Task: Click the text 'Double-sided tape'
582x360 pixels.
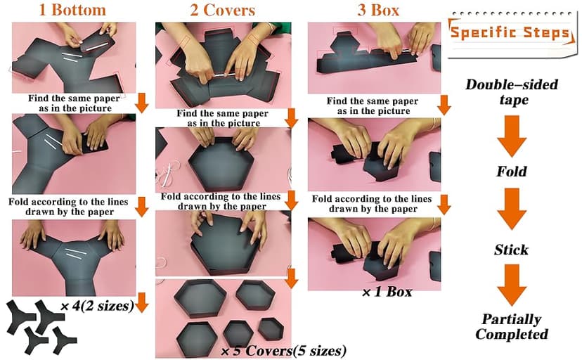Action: (x=511, y=92)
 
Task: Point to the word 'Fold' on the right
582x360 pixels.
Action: (x=511, y=171)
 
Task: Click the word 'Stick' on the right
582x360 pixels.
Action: (x=511, y=250)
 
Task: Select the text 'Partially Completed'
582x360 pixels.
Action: (x=511, y=326)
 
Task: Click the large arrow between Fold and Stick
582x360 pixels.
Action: (x=511, y=210)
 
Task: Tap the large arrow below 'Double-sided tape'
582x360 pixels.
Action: (x=511, y=134)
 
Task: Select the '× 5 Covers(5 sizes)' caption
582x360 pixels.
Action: (x=283, y=350)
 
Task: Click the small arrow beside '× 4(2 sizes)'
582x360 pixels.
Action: (x=142, y=303)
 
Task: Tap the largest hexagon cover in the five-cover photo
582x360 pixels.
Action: (x=198, y=297)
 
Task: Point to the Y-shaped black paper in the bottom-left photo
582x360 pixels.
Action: (x=75, y=257)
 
